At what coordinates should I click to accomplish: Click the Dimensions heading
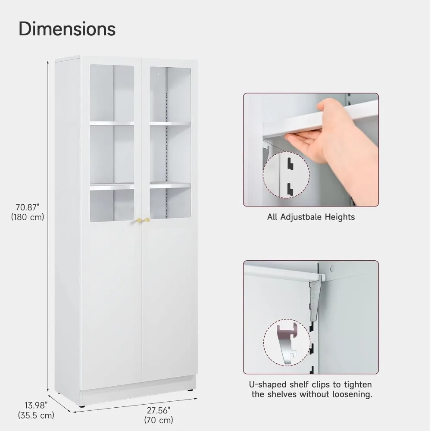coord(67,28)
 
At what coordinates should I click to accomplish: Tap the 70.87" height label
coord(27,208)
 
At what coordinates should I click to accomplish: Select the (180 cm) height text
coord(28,217)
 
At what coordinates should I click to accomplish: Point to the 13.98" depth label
coord(36,405)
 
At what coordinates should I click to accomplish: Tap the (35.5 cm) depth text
coord(36,415)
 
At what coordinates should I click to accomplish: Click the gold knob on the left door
coord(139,220)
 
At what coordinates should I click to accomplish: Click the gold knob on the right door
coord(147,220)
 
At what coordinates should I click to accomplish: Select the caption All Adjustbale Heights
coord(311,217)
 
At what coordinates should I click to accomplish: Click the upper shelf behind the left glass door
coord(112,123)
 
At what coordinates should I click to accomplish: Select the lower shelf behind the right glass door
coord(170,185)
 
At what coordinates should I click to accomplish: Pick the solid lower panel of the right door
coord(170,302)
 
